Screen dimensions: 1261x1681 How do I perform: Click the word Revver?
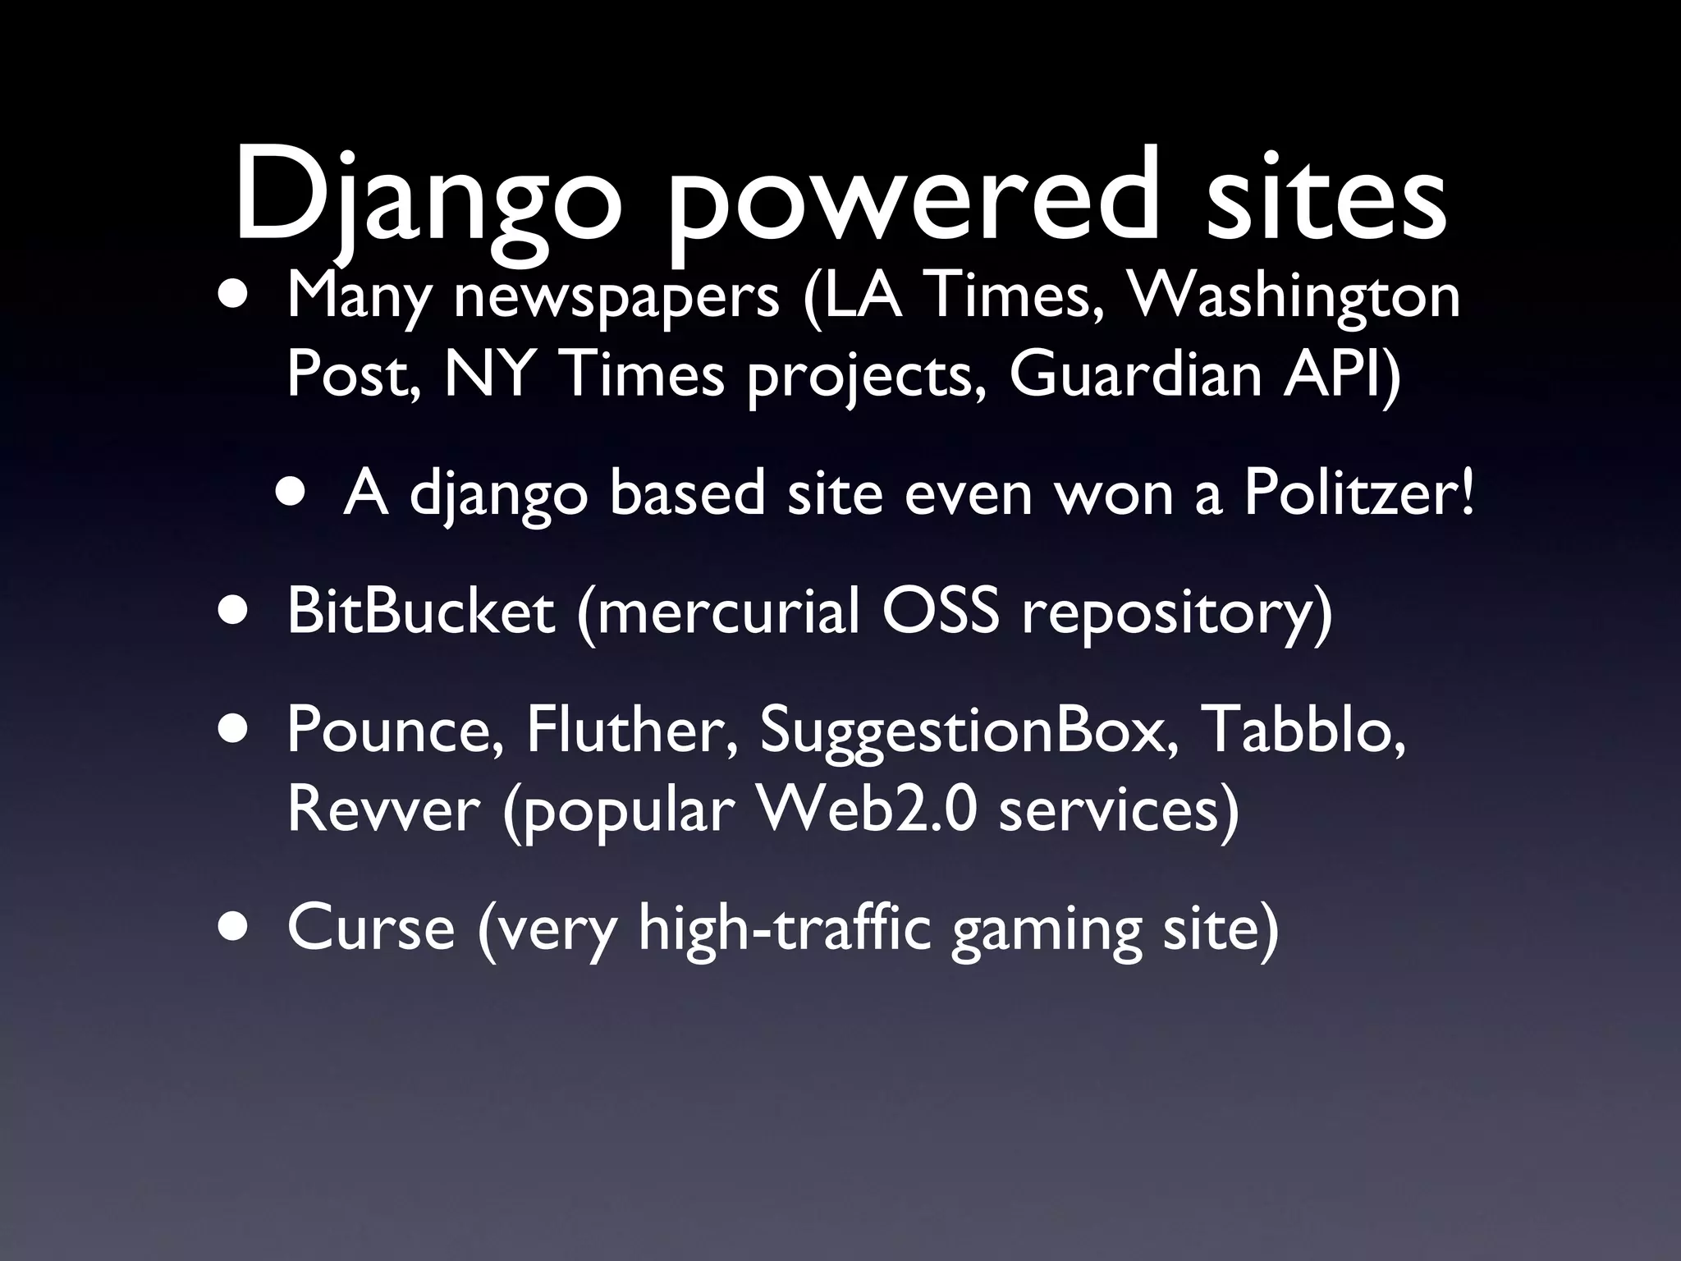382,809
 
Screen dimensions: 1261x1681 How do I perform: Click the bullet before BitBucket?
236,612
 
